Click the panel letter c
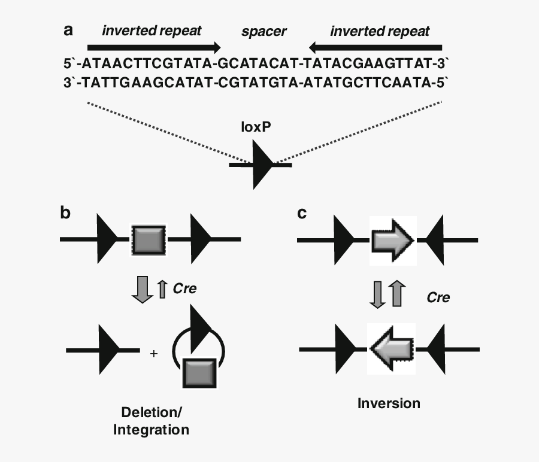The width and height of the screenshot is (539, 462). [302, 213]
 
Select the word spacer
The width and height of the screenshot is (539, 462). [264, 31]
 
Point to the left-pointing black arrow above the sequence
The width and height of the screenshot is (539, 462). [376, 47]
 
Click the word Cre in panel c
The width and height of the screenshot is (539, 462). [438, 297]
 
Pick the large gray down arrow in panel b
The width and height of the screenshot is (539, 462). [142, 288]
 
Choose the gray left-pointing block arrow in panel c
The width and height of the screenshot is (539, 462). [392, 348]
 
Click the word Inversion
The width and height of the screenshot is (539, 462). [389, 403]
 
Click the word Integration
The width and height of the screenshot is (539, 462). [151, 430]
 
